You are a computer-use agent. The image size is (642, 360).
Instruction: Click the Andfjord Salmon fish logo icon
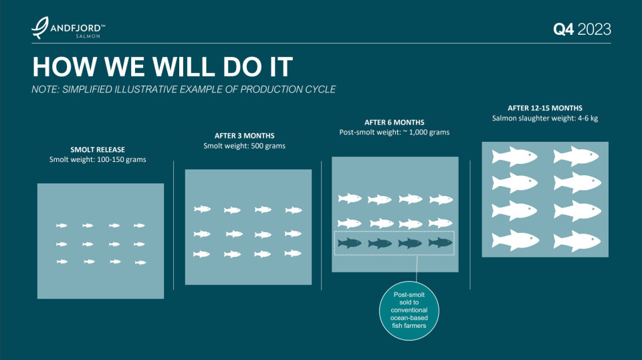click(x=40, y=28)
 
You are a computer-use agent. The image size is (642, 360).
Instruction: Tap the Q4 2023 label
click(x=582, y=29)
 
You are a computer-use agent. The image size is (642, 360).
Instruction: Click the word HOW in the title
click(x=64, y=67)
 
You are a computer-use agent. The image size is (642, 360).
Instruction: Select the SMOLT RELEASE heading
click(x=98, y=150)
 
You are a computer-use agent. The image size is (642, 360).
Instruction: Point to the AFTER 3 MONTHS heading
click(x=245, y=136)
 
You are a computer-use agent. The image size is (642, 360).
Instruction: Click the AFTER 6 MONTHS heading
click(x=395, y=122)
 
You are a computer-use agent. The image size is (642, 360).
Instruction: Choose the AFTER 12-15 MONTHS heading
click(x=545, y=108)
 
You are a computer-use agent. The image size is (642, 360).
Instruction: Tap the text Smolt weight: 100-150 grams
click(x=98, y=160)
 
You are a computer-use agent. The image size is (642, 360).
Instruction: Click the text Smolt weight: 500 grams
click(x=245, y=146)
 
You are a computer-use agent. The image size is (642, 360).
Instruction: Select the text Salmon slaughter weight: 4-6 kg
click(x=545, y=118)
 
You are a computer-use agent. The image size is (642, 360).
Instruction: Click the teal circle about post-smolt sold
click(x=409, y=310)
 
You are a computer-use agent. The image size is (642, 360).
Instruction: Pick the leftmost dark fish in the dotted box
click(x=350, y=243)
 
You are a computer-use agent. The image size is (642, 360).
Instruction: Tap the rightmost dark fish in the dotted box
click(x=441, y=242)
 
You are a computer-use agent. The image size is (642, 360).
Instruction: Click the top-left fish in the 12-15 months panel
click(x=514, y=157)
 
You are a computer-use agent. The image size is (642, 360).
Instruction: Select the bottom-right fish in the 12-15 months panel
click(x=577, y=241)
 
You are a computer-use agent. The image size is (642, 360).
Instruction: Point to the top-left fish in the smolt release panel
click(x=62, y=226)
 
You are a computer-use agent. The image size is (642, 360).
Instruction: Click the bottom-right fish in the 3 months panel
click(x=293, y=254)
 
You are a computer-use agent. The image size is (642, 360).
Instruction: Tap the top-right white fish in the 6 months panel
click(x=441, y=199)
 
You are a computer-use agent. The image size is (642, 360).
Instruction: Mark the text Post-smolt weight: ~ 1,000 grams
click(x=395, y=132)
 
